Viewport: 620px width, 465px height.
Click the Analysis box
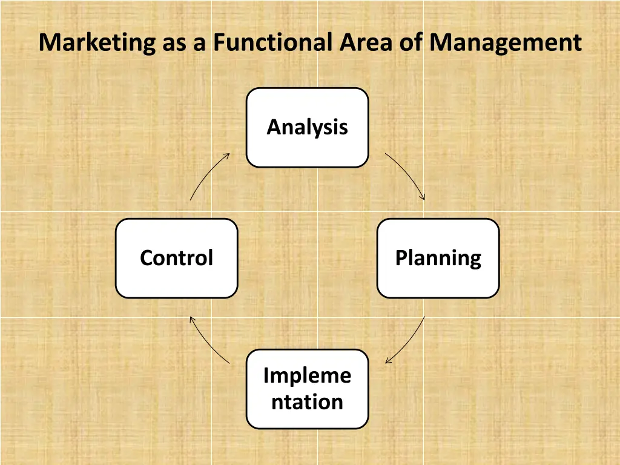[307, 127]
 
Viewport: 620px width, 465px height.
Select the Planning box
[438, 258]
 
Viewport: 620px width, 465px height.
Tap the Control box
[176, 258]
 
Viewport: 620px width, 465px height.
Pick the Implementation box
[307, 389]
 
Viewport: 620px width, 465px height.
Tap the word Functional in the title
[272, 43]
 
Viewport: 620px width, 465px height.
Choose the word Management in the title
[506, 43]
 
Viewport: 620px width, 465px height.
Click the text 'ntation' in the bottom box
[307, 402]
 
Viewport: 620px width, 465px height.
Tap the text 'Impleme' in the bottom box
[307, 376]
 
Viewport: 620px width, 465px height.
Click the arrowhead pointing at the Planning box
[423, 197]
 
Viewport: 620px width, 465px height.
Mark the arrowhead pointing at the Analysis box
[228, 155]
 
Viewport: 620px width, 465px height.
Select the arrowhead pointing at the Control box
[191, 318]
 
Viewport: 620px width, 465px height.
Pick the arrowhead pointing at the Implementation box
[387, 361]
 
